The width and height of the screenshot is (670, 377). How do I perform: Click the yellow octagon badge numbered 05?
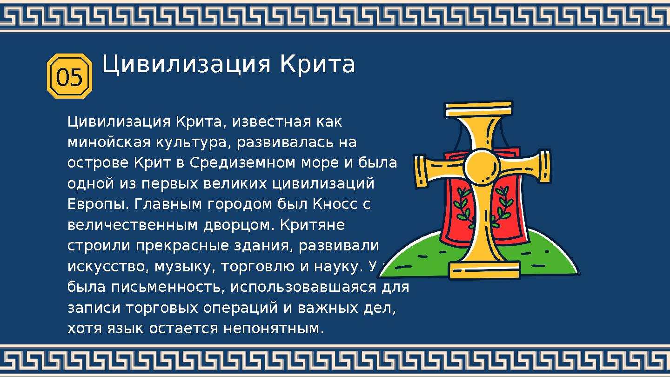(70, 76)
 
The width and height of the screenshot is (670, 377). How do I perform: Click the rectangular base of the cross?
(484, 270)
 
